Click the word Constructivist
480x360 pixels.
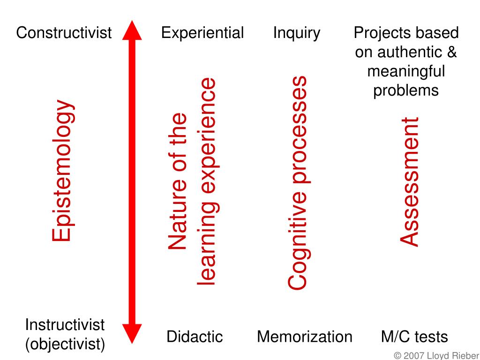tap(64, 33)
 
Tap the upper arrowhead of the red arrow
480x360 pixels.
tap(132, 30)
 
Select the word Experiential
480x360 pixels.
tap(202, 33)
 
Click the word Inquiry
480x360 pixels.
tap(297, 33)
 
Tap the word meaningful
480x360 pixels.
tap(406, 71)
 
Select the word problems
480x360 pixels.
tap(406, 90)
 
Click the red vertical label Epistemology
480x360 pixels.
tap(63, 171)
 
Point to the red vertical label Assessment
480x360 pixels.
tap(409, 181)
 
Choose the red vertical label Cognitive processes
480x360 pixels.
tap(297, 183)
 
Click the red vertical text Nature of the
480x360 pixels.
tap(177, 182)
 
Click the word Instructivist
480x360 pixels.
tap(65, 325)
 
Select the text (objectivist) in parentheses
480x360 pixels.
tap(65, 345)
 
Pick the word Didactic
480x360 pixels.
tap(195, 337)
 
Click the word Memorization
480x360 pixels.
tap(305, 337)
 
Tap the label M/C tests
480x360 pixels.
tap(414, 337)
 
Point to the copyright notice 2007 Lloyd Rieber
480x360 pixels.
tap(436, 355)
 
